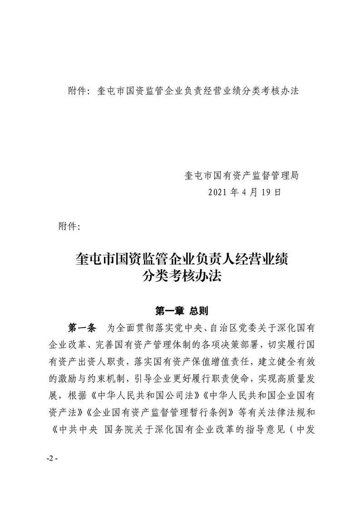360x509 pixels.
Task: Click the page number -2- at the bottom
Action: (53, 458)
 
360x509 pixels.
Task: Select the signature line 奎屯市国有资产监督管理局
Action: (242, 175)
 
